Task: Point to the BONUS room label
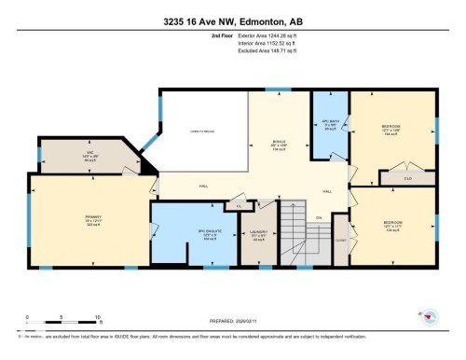279,143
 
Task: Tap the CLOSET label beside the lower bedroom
340,239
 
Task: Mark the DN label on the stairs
318,218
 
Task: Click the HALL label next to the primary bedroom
202,186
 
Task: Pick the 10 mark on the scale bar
97,317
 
